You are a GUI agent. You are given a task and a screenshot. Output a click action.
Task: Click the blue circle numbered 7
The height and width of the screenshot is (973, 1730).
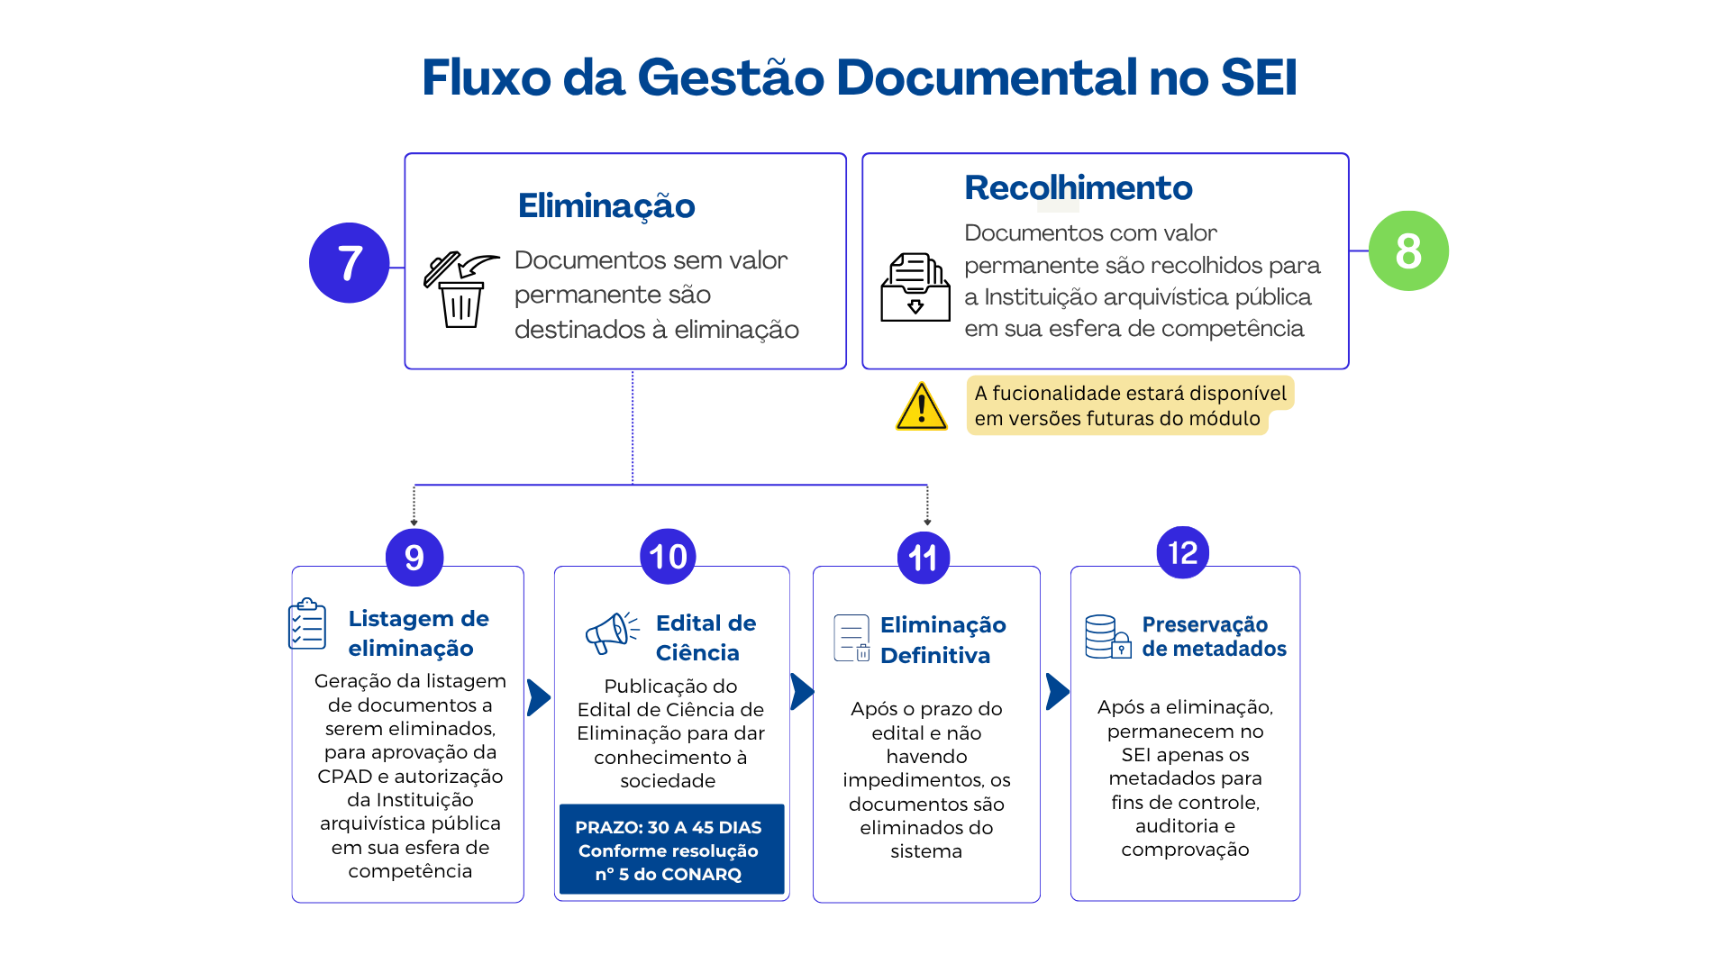click(350, 263)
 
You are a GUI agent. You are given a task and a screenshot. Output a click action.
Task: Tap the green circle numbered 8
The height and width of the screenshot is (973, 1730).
click(1408, 250)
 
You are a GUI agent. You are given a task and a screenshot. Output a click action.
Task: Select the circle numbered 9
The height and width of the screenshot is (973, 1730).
click(414, 558)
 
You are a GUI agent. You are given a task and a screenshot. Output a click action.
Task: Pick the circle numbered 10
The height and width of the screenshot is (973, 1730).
click(668, 557)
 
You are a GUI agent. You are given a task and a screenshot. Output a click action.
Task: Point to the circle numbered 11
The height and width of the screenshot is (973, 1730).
click(924, 558)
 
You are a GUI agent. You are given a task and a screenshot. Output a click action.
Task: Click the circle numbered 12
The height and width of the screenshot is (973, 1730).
click(1183, 552)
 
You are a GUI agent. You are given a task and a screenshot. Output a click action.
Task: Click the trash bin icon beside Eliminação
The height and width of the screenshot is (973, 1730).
click(461, 289)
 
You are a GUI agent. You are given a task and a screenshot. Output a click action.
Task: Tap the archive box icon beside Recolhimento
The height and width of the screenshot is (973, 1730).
click(915, 287)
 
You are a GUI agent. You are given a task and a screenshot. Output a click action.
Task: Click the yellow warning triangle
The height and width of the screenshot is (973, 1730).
click(921, 406)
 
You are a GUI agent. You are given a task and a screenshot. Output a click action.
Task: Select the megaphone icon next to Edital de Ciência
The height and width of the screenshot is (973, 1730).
click(613, 632)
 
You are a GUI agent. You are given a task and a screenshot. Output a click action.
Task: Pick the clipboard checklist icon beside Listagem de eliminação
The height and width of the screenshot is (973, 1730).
click(307, 623)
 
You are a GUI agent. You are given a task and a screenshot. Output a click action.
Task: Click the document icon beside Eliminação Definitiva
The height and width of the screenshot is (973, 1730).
click(852, 638)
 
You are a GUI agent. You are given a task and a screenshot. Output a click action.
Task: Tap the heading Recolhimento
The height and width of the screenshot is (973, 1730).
click(1079, 187)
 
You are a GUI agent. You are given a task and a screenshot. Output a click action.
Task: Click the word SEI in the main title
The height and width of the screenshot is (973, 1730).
click(1259, 77)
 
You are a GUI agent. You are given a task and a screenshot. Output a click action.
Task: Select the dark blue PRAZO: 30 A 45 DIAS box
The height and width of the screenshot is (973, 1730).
click(672, 850)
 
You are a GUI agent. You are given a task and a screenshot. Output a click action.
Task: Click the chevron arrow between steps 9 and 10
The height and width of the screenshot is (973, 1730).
click(539, 697)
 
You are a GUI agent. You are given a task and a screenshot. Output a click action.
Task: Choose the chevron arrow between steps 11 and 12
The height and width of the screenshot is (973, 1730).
click(1058, 692)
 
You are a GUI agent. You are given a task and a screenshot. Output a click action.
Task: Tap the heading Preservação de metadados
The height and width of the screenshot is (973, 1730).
click(1214, 636)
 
